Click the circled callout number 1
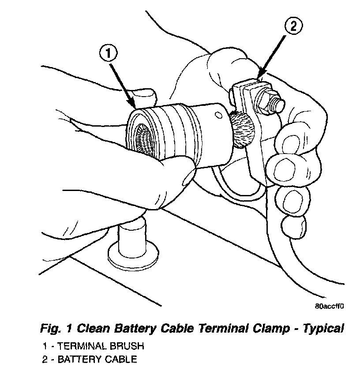(x=109, y=55)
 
